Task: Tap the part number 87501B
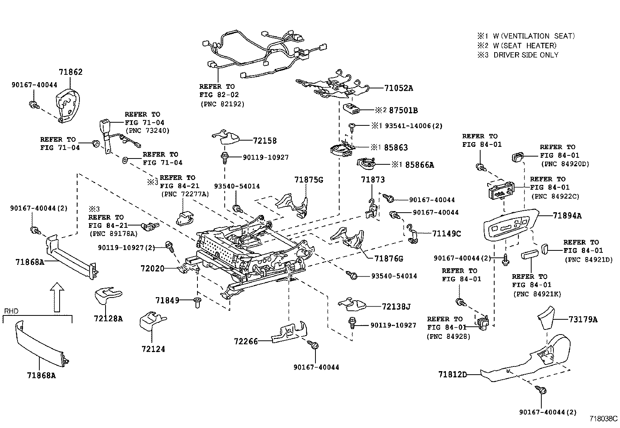403,111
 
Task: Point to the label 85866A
419,165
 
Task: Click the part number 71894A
567,215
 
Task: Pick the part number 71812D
452,375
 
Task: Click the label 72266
246,342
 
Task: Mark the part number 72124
153,349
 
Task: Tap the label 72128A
108,319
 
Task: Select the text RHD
11,311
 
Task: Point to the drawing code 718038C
603,419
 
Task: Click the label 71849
167,300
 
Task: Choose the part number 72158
265,140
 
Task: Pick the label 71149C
446,234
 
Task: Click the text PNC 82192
222,104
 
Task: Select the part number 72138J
396,306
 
